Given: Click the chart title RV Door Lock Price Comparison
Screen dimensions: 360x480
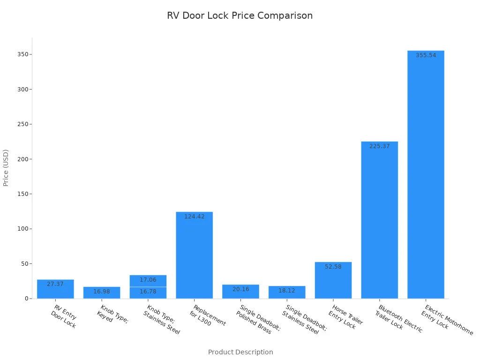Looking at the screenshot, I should point(240,15).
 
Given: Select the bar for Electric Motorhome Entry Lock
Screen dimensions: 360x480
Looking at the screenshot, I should point(426,178).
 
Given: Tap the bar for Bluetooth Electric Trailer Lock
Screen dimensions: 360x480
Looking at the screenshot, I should point(379,220).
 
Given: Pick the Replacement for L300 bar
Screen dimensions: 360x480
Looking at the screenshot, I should point(194,255).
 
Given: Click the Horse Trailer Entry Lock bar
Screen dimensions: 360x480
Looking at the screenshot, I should point(333,281).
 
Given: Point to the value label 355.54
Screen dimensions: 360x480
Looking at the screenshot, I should point(426,55).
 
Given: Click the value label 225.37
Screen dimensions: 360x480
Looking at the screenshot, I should point(379,146).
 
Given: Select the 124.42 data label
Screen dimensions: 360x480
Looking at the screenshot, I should point(194,217).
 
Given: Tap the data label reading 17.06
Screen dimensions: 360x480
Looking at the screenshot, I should point(148,280).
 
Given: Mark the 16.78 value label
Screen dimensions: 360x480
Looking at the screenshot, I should point(148,292).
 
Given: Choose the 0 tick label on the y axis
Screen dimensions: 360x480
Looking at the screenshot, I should point(27,299).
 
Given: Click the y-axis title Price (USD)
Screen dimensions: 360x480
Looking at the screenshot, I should point(6,168).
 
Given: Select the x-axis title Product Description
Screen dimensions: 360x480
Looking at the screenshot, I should point(240,352).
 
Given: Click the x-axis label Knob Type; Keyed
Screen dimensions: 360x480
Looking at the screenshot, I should point(112,314).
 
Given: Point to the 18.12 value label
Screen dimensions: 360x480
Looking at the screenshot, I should point(286,291).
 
